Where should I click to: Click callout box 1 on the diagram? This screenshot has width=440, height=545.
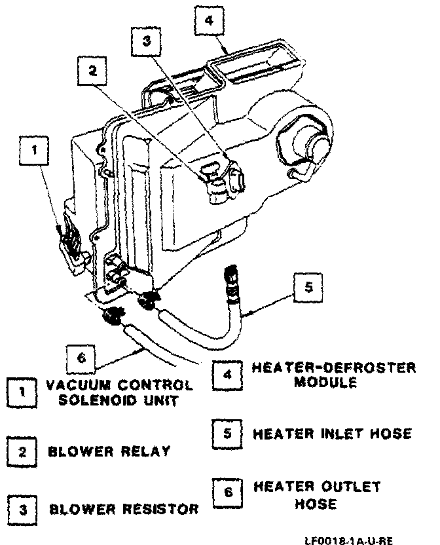coord(35,151)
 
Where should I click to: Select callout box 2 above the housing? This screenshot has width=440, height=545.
coord(92,72)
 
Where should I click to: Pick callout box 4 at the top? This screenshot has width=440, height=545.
coord(209,21)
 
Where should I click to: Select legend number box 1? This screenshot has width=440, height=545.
coord(23,392)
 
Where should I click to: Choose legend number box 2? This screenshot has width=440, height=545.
coord(23,451)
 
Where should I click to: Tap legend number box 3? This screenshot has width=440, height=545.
coord(23,508)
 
